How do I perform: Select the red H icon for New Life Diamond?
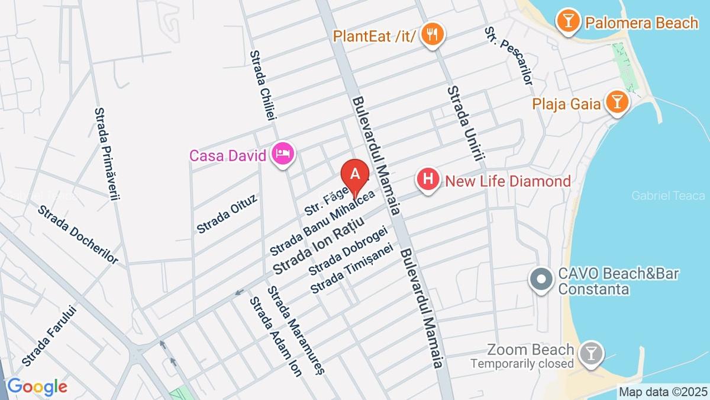click(428, 180)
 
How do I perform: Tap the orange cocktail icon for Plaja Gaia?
click(617, 104)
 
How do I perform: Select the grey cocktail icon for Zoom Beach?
click(590, 354)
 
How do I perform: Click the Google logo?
click(37, 387)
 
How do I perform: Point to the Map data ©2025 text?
click(663, 392)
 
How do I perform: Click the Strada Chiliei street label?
click(263, 85)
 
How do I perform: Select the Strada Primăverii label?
click(107, 153)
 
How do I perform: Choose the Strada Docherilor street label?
click(78, 234)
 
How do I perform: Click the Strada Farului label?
click(50, 335)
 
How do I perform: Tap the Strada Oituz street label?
click(227, 213)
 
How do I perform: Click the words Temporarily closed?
click(522, 363)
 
